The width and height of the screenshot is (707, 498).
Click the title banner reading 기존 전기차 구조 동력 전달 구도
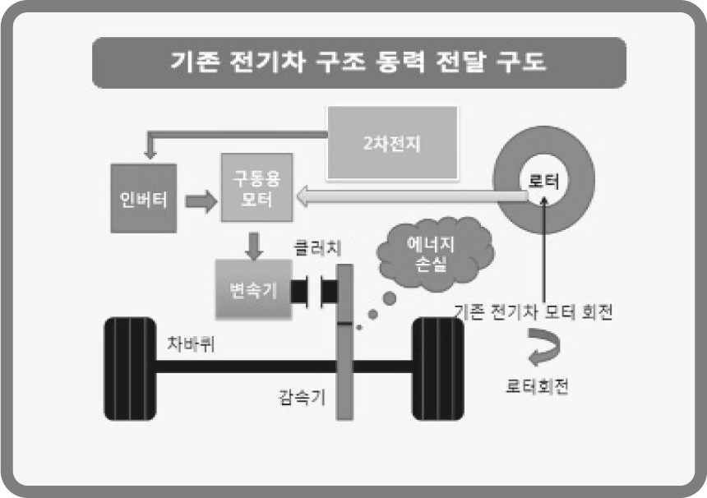pyautogui.click(x=358, y=62)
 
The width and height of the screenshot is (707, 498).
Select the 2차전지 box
pyautogui.click(x=392, y=143)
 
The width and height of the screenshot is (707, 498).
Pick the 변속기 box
pyautogui.click(x=253, y=289)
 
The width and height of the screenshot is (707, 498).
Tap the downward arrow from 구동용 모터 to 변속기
pyautogui.click(x=254, y=242)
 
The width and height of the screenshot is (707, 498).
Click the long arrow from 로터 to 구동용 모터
pyautogui.click(x=411, y=196)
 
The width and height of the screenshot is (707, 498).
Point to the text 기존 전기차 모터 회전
pyautogui.click(x=534, y=312)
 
